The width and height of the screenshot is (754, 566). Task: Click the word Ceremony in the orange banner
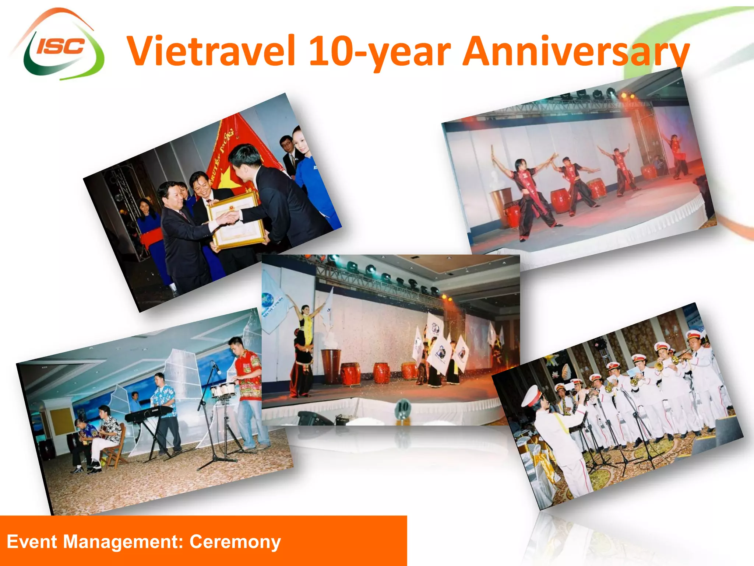point(235,542)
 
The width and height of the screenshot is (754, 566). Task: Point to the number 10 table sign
point(403,407)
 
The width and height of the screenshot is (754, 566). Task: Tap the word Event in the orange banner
point(32,542)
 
